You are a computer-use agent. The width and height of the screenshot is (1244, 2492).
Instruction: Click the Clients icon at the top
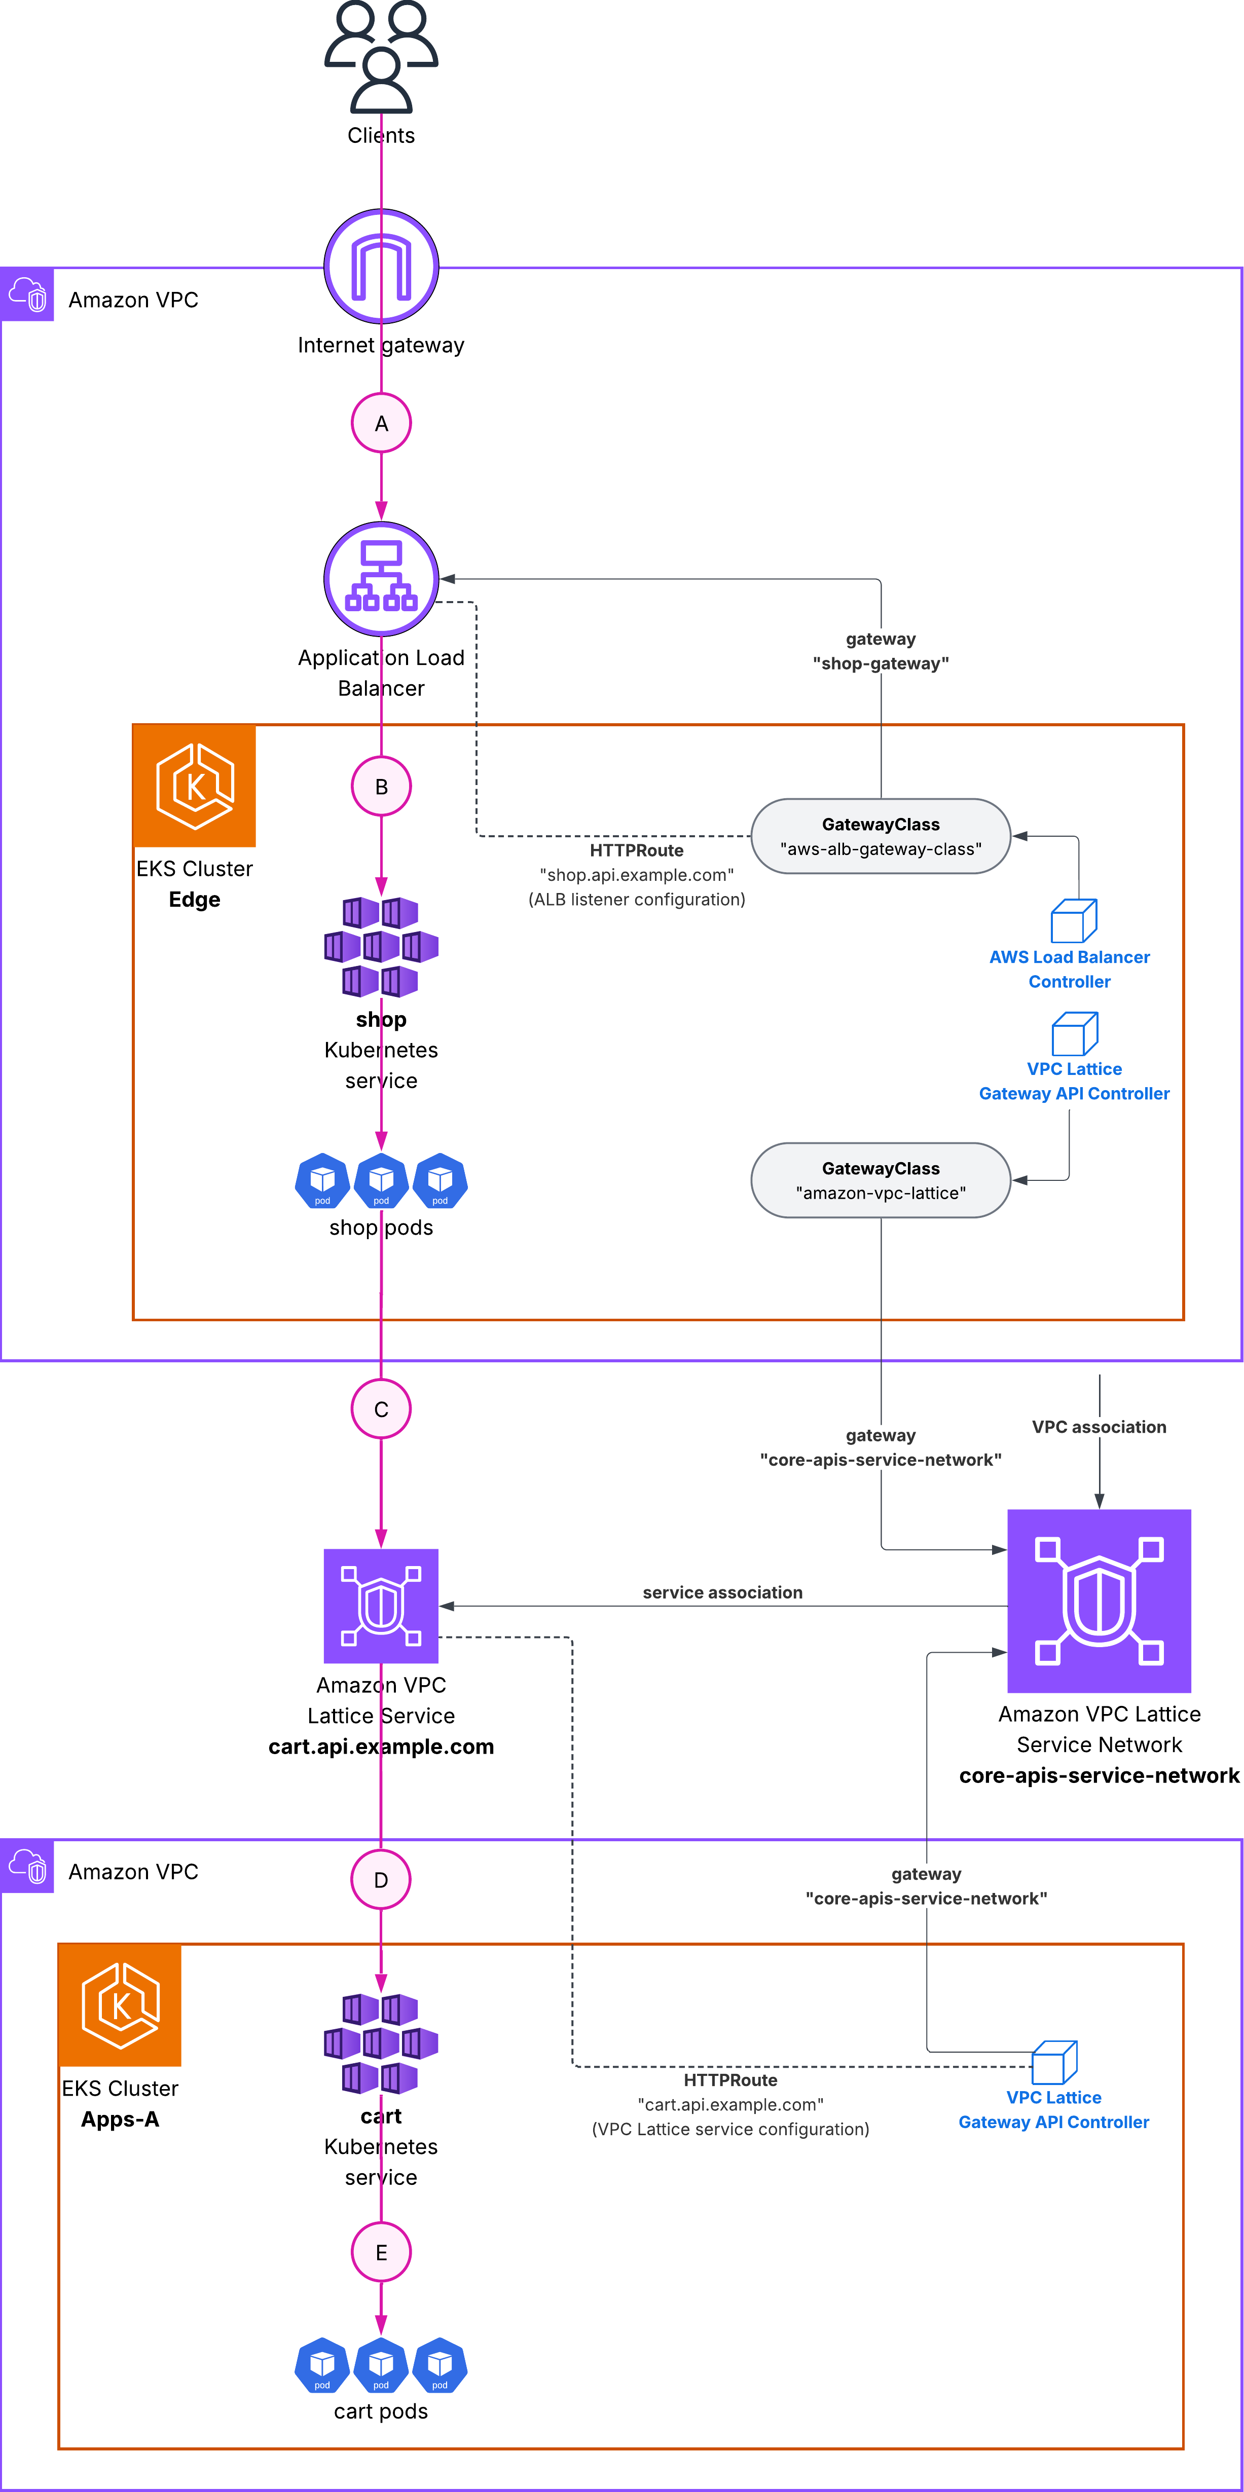tap(381, 58)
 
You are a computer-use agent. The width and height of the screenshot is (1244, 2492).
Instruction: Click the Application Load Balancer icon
tap(381, 578)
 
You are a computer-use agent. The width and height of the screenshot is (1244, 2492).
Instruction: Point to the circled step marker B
tap(381, 787)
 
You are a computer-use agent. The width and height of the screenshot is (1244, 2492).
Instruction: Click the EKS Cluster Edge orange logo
tap(195, 786)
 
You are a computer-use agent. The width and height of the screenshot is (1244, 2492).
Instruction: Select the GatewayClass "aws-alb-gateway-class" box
tap(881, 836)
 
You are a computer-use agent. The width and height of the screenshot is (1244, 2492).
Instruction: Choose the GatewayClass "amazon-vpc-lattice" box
tap(881, 1180)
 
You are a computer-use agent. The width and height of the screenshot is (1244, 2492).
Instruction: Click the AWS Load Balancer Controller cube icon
tap(1074, 921)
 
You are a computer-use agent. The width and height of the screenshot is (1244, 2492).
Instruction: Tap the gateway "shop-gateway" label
tap(881, 651)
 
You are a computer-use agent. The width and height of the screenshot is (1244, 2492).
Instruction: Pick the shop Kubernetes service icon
tap(381, 946)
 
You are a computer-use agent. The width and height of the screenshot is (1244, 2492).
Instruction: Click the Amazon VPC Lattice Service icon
tap(381, 1606)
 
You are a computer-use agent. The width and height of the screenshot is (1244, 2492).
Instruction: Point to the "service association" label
tap(722, 1592)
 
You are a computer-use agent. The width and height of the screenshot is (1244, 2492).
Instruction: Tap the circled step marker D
tap(381, 1880)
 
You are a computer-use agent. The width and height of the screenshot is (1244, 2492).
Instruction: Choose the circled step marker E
tap(381, 2252)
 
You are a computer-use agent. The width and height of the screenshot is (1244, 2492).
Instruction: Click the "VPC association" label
tap(1099, 1427)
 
